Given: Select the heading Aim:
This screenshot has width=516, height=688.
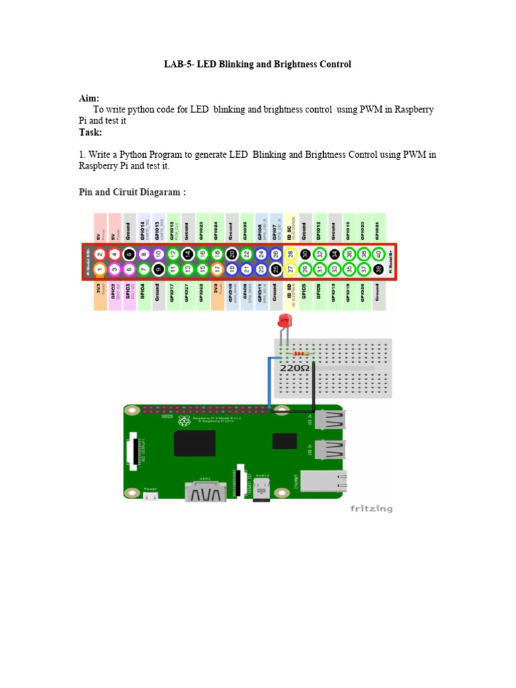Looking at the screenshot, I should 89,98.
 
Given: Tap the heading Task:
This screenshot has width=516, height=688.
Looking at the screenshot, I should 91,132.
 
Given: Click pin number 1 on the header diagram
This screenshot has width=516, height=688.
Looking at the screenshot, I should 99,269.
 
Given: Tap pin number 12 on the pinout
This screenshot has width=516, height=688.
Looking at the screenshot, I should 173,254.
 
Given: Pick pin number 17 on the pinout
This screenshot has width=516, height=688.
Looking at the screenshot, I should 217,269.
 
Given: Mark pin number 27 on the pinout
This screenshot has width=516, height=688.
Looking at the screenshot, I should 290,269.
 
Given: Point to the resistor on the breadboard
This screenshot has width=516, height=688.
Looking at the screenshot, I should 302,353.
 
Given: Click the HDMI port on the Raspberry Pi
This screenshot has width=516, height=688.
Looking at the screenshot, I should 206,492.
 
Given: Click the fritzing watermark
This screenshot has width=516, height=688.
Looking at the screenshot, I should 371,509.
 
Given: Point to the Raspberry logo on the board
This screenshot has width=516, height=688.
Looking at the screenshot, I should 183,421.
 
